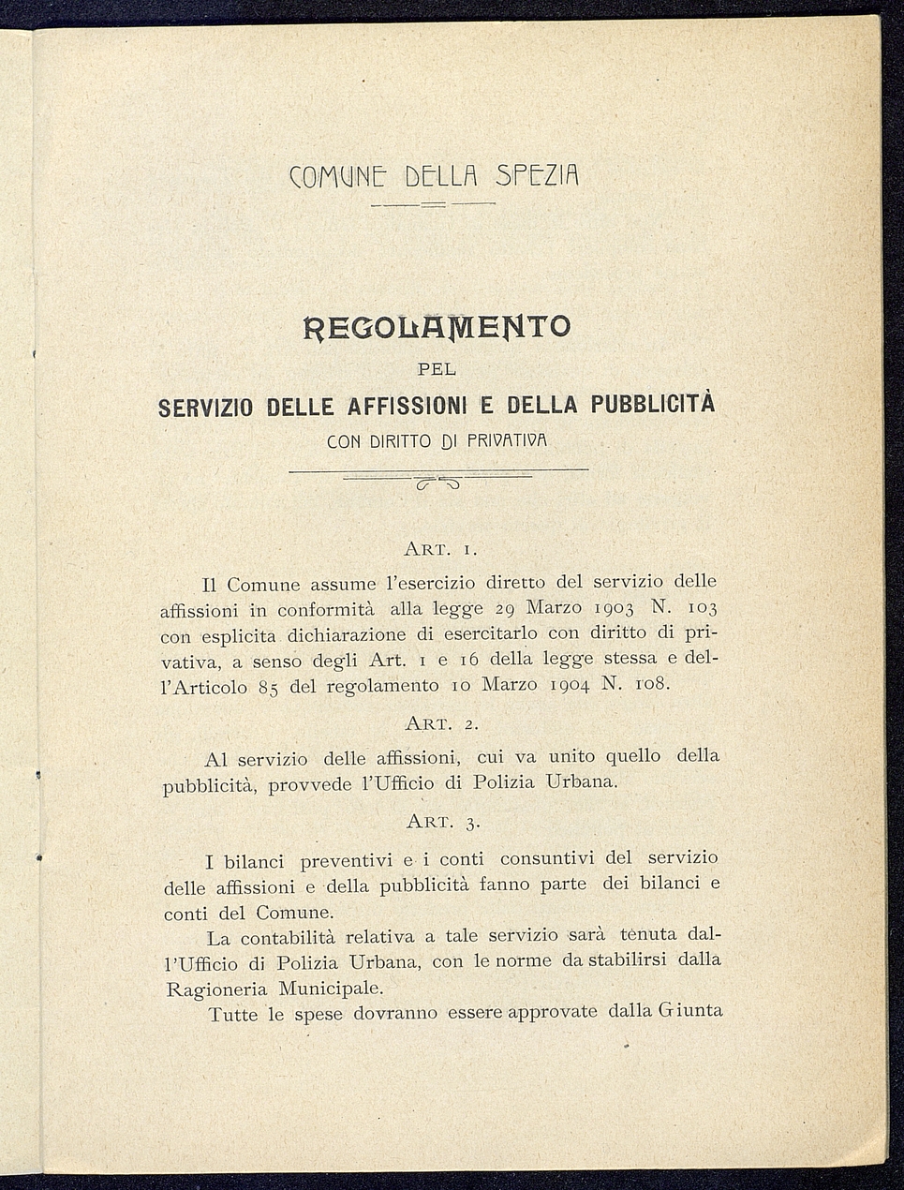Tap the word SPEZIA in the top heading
[538, 174]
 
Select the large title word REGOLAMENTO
[437, 327]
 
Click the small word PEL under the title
[437, 370]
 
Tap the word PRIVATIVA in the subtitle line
[506, 439]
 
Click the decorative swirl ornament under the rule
[437, 483]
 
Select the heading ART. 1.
[441, 547]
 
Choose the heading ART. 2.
[442, 723]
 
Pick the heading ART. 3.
[443, 822]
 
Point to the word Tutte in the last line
[232, 1015]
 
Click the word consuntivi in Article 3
[548, 859]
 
